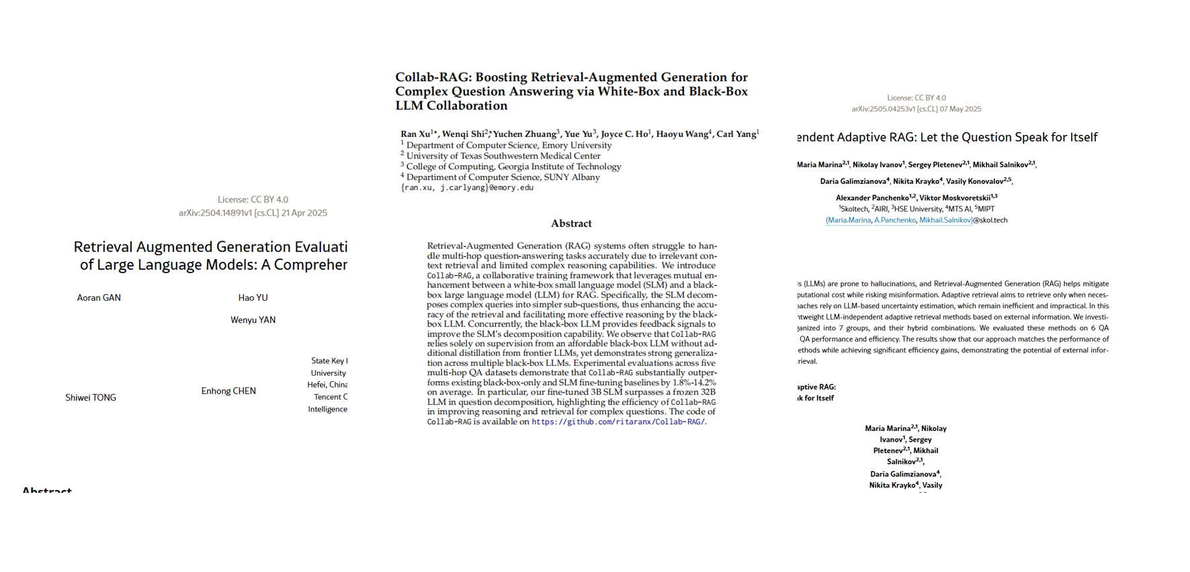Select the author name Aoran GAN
[99, 297]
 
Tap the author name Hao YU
[253, 297]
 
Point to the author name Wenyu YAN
[253, 320]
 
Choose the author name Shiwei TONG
[91, 397]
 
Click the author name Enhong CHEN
[228, 391]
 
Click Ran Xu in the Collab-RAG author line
[415, 134]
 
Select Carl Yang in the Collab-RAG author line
[736, 134]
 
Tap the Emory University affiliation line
[509, 145]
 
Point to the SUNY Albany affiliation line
[503, 177]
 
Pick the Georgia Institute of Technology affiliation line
[513, 166]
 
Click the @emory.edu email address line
[467, 188]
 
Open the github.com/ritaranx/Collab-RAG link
[618, 422]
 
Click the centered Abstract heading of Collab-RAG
[571, 224]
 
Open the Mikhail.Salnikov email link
[945, 220]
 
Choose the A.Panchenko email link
[894, 220]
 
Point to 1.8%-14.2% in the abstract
[694, 383]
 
